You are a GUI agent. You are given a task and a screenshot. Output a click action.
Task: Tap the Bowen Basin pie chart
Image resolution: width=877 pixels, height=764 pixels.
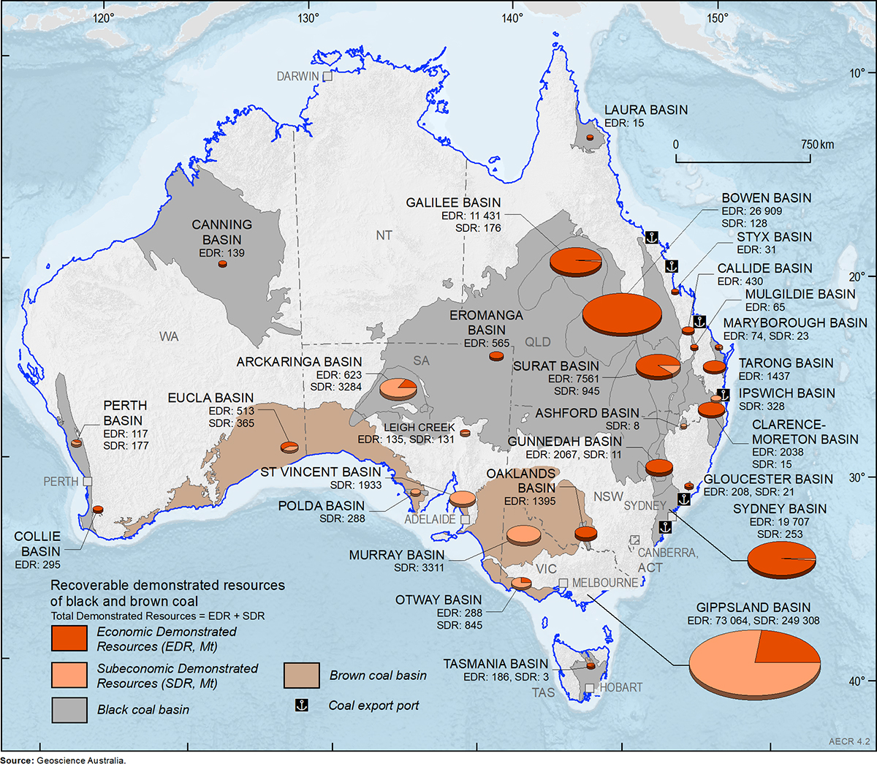click(x=622, y=314)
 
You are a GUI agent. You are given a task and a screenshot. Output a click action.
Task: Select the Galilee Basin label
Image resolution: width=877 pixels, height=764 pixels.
click(x=454, y=203)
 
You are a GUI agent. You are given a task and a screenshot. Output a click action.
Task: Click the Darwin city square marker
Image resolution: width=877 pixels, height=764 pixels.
click(x=327, y=76)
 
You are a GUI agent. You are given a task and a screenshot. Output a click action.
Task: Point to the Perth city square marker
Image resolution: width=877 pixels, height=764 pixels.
click(x=88, y=482)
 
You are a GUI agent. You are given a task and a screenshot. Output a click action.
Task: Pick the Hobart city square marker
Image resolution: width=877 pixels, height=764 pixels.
click(x=590, y=688)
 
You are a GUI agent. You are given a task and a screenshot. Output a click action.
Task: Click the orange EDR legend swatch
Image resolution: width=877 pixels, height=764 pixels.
click(x=69, y=638)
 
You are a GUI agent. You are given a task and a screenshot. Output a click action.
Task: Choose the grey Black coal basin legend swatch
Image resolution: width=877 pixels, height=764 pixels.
click(x=69, y=709)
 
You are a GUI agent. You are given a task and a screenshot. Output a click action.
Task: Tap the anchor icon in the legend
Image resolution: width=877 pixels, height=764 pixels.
click(x=301, y=706)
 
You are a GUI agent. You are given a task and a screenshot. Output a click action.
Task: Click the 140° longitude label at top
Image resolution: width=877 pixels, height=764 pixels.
click(x=512, y=18)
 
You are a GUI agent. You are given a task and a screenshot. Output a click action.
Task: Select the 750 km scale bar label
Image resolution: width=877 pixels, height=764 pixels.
click(x=816, y=144)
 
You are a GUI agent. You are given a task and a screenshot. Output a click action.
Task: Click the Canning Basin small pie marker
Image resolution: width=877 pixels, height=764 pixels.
click(x=222, y=264)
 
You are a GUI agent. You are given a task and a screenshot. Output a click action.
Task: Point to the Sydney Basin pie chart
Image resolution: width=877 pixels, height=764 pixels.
click(x=781, y=560)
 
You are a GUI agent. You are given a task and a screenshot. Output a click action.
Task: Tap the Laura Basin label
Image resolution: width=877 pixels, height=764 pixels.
click(x=645, y=110)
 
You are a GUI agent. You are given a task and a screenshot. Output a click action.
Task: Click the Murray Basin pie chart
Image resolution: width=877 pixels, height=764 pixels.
click(x=524, y=534)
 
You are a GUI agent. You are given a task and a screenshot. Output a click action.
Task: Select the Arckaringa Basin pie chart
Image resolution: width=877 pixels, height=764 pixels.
click(x=398, y=387)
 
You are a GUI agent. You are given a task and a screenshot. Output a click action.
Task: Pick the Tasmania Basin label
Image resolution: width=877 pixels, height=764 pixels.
click(x=495, y=664)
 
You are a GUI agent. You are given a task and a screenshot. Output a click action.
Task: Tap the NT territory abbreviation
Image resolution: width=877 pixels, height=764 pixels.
click(x=384, y=235)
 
